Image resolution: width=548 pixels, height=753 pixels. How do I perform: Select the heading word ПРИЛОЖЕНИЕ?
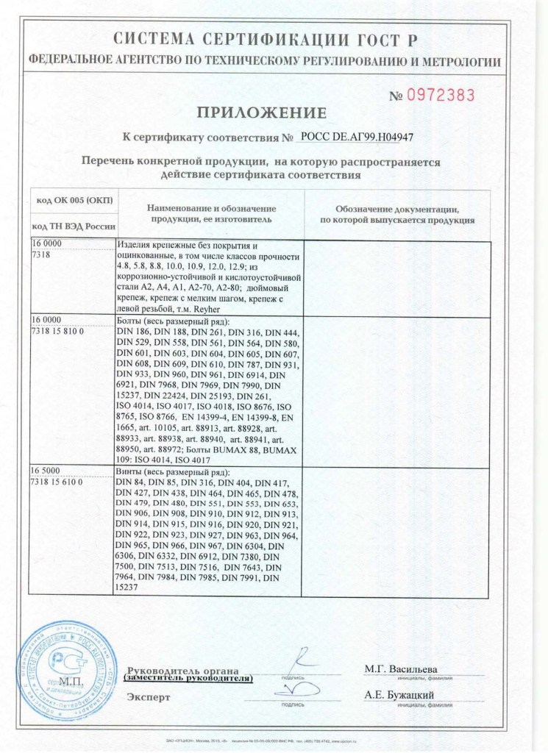pyautogui.click(x=260, y=113)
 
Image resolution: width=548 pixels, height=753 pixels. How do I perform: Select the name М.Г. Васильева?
pyautogui.click(x=401, y=669)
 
